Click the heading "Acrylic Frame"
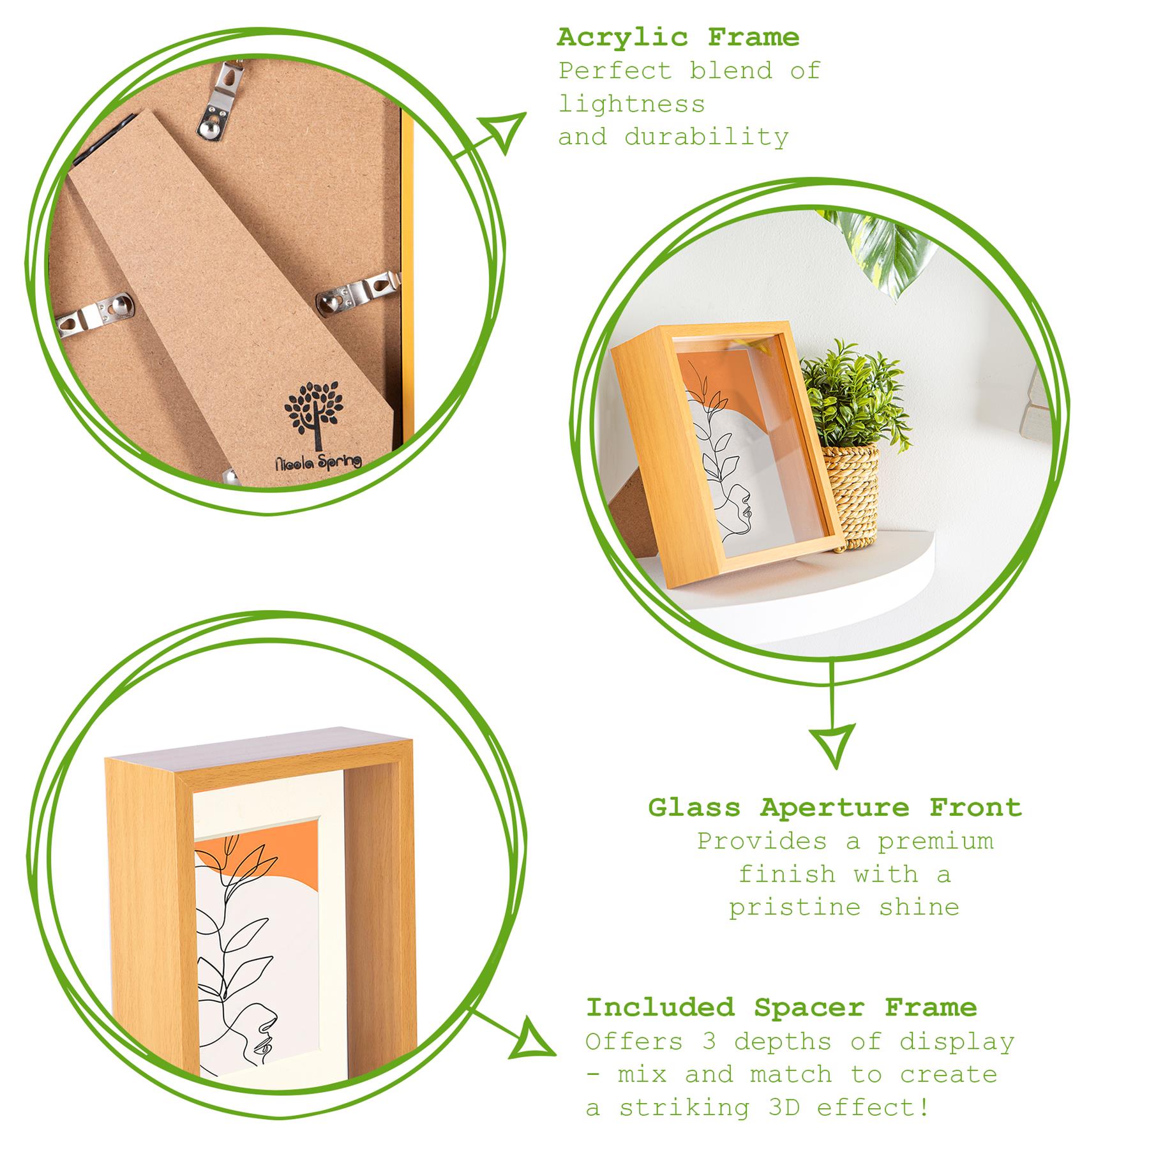tap(678, 38)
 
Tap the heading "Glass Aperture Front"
tap(835, 807)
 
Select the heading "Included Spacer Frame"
tap(781, 1007)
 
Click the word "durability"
tap(707, 137)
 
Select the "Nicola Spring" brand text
tap(317, 463)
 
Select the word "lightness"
tap(632, 104)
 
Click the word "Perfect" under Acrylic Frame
tap(616, 71)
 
